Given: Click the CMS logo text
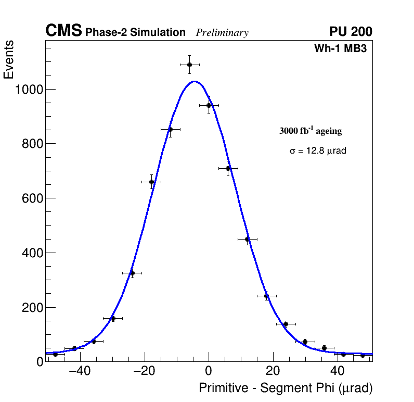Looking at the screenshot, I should [63, 32].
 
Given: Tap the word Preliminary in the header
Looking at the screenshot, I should [222, 33].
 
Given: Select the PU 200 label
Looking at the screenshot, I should [351, 32].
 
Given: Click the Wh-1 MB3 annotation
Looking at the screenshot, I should [343, 49].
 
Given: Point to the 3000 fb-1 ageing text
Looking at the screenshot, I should [310, 131].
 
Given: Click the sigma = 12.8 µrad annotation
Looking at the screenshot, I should [318, 151].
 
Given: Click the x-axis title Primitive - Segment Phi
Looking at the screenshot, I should [286, 388].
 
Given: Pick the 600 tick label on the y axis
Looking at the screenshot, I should [32, 198].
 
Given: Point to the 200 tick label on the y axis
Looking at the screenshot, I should [32, 307].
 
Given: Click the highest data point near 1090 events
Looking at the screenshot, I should [189, 65].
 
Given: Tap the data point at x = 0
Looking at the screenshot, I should [209, 105].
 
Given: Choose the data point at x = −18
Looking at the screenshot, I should [151, 182].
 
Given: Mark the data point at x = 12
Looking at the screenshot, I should [247, 239].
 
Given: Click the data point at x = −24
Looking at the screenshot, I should [132, 273].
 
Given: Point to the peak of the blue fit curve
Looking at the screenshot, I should [194, 81].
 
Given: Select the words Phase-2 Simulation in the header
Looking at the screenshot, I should [135, 33].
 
